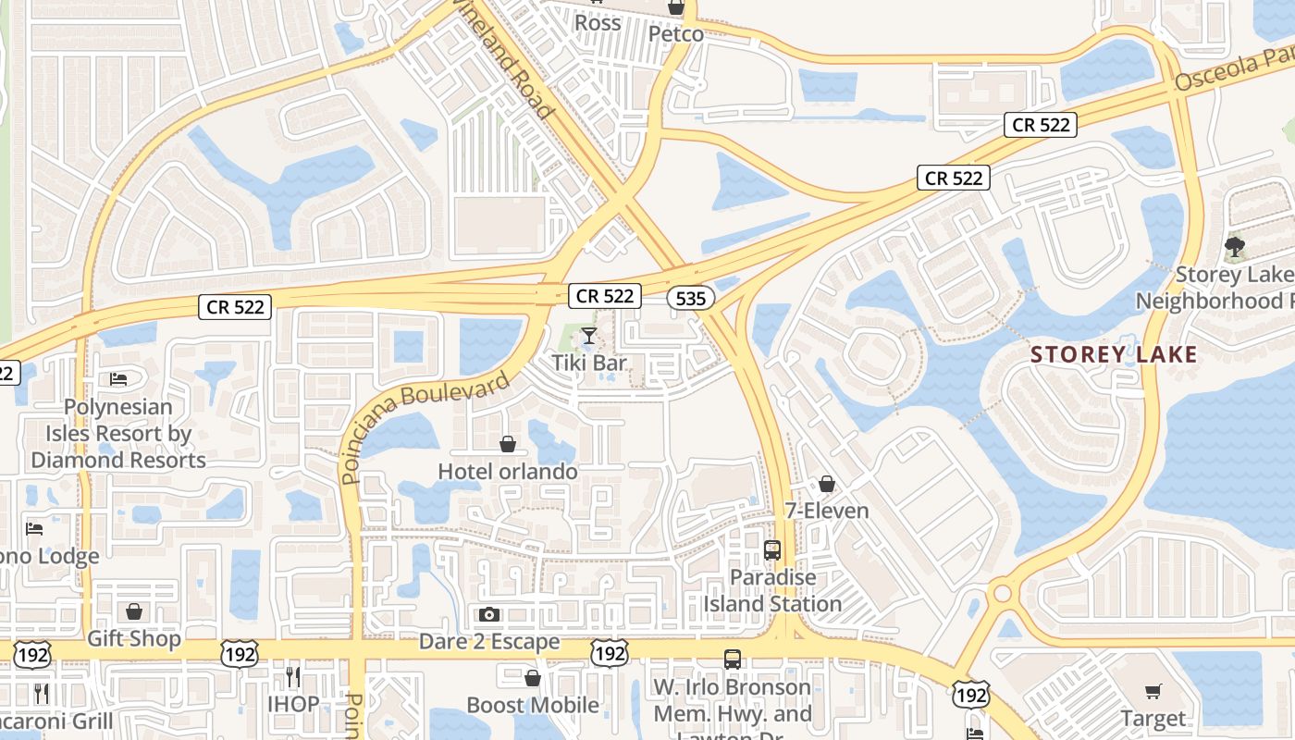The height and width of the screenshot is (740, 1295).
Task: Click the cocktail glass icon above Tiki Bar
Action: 589,335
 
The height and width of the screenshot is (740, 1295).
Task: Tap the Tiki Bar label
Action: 589,363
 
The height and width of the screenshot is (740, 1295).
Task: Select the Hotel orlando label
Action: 508,471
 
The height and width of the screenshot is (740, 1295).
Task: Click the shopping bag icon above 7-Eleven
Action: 827,484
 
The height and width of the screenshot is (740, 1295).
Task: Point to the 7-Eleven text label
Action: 827,511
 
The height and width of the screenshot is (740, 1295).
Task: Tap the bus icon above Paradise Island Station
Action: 772,550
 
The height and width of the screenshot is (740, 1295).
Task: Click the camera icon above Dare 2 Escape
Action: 489,614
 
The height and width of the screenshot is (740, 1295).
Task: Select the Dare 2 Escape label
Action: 489,641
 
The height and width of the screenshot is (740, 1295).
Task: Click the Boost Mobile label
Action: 533,705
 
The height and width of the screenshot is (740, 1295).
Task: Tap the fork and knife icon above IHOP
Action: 293,676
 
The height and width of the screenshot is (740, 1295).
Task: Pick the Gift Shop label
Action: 134,639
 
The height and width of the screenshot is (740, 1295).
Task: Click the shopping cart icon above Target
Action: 1153,692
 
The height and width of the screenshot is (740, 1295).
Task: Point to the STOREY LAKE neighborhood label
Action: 1114,354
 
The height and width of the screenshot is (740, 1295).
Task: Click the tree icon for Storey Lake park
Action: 1234,246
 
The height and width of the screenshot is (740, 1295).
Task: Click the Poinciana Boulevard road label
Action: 426,427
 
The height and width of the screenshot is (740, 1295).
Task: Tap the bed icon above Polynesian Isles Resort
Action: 118,378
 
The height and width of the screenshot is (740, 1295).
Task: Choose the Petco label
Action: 675,34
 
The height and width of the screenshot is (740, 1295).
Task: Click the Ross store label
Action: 598,22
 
